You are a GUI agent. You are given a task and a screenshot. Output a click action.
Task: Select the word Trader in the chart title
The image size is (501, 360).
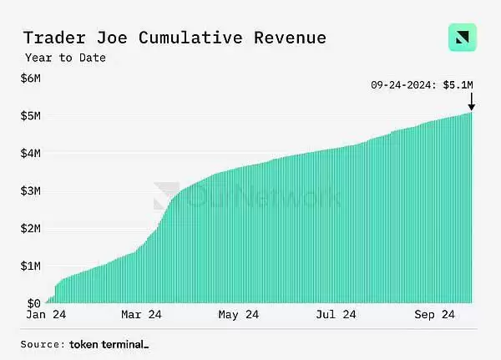[x=53, y=38]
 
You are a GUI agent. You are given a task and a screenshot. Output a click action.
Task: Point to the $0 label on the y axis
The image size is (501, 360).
[x=33, y=303]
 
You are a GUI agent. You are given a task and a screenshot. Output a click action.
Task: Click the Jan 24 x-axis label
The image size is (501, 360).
[x=47, y=317]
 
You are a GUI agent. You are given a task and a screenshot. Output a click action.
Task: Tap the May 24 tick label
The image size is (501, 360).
[x=240, y=317]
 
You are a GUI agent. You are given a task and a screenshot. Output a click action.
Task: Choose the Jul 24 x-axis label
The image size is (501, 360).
[x=337, y=317]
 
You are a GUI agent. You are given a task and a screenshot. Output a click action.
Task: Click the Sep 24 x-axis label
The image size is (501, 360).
[x=435, y=317]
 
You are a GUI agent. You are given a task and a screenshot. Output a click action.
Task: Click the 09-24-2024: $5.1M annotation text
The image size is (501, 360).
[x=423, y=84]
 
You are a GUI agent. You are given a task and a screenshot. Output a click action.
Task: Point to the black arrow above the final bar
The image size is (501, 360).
[x=471, y=102]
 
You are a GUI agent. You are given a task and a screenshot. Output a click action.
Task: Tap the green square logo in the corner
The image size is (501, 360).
[x=463, y=38]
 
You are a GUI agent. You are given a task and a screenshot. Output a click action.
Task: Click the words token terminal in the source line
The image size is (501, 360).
[x=109, y=344]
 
